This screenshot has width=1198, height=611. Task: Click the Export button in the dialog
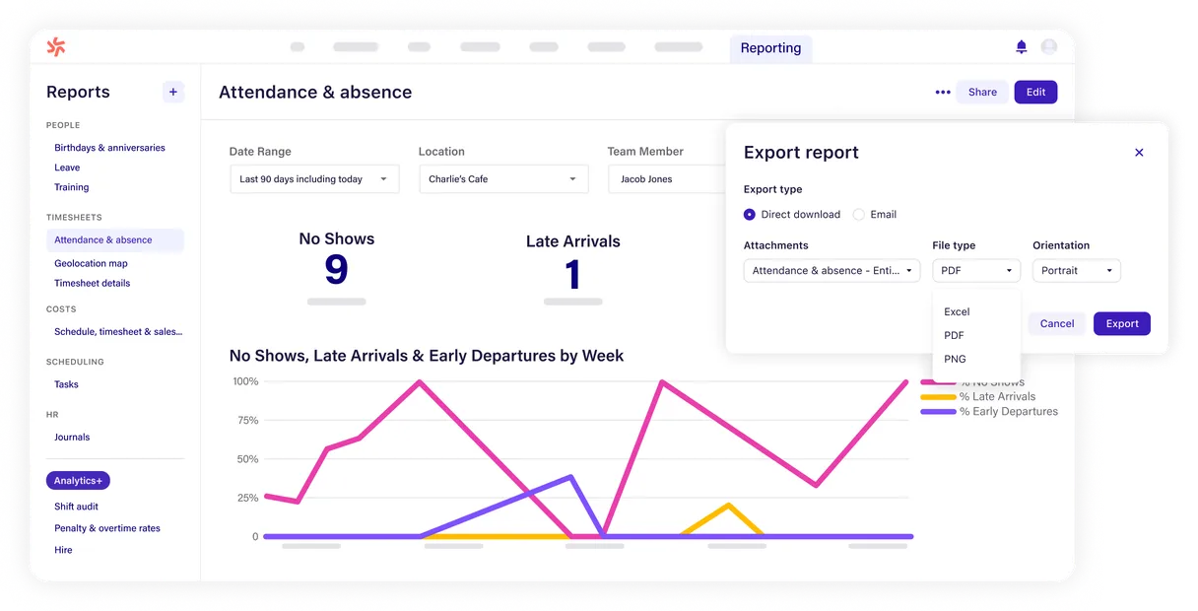point(1121,323)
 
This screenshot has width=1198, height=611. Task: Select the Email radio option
point(859,215)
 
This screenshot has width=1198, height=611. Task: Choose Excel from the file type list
point(957,311)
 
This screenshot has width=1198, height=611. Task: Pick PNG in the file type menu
point(955,359)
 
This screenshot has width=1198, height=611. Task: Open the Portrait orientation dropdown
point(1076,270)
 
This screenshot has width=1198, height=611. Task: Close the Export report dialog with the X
point(1139,153)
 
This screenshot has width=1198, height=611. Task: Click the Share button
point(982,92)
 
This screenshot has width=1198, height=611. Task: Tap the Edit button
point(1035,92)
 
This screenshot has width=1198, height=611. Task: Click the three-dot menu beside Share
point(943,93)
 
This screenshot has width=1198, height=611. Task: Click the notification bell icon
point(1021,47)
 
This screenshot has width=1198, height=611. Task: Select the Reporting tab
point(770,48)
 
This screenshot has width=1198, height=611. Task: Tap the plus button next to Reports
point(173,92)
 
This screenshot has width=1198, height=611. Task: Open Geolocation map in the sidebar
point(91,263)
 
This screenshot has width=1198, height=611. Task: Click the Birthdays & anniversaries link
point(109,148)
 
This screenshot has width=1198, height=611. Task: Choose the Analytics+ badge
point(78,481)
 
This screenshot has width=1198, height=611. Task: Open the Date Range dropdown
point(314,179)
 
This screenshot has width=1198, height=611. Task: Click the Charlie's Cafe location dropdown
point(502,179)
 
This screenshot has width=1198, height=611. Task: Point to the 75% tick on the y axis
point(245,421)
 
